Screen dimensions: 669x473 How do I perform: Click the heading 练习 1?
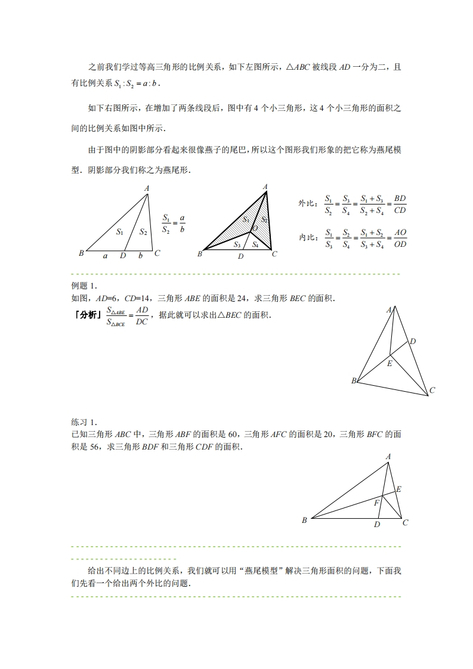(x=84, y=422)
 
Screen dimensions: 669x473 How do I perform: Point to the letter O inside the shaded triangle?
(x=255, y=228)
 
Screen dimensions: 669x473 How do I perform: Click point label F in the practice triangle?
(x=376, y=503)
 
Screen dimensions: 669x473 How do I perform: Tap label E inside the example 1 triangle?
(x=389, y=363)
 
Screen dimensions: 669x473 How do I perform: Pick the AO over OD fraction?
(x=400, y=237)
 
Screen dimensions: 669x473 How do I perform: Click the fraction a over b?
(x=182, y=223)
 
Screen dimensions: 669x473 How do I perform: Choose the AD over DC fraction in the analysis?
(x=141, y=315)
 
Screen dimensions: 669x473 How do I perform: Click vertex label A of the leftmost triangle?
(x=147, y=188)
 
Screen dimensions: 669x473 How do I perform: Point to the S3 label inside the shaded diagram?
(x=237, y=244)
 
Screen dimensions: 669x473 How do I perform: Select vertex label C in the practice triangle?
(x=405, y=523)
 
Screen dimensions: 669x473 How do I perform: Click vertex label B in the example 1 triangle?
(x=354, y=380)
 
